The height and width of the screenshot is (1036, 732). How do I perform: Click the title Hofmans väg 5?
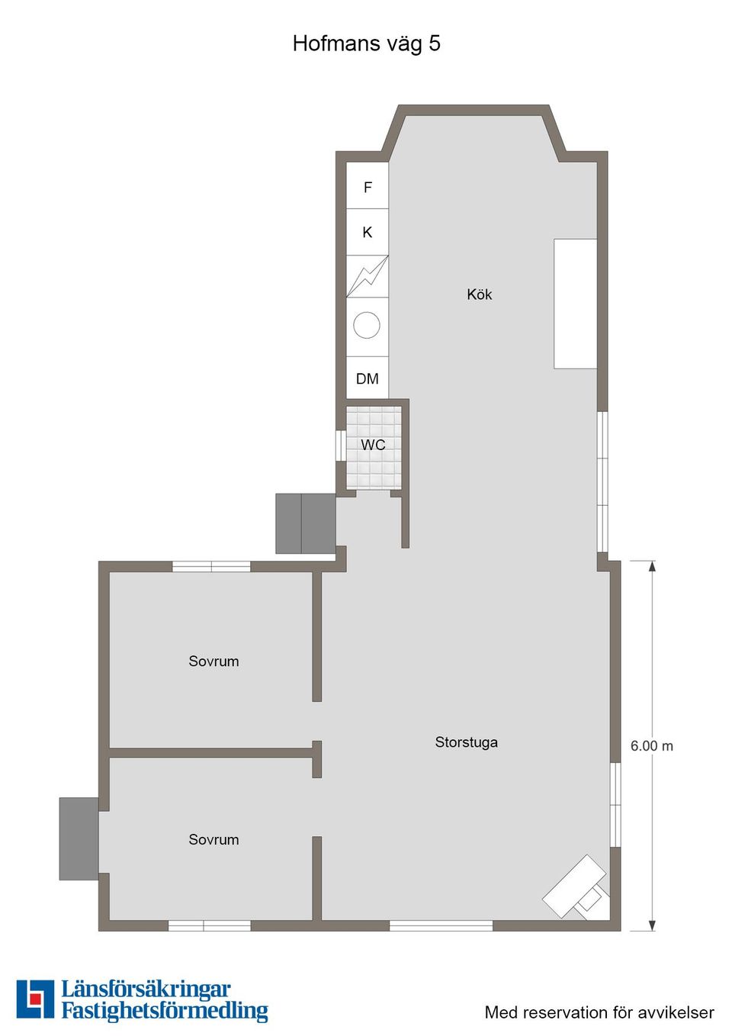[x=366, y=43]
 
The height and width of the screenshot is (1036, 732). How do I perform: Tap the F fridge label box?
[x=368, y=187]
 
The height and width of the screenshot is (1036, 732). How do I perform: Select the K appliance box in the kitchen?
[x=368, y=232]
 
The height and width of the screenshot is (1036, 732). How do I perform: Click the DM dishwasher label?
[x=368, y=378]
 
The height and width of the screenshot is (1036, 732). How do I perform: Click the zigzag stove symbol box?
[x=368, y=276]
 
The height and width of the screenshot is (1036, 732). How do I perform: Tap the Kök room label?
[x=480, y=294]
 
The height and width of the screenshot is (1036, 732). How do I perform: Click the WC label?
[x=373, y=445]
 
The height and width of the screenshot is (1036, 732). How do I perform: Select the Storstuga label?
[x=466, y=742]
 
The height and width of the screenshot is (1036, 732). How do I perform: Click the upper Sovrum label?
[x=213, y=661]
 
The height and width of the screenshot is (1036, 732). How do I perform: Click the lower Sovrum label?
[x=213, y=839]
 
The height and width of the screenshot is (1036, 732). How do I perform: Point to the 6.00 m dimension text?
[x=651, y=746]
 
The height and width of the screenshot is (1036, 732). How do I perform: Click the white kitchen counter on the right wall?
[x=575, y=304]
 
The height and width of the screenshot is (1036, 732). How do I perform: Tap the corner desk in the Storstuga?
[x=576, y=886]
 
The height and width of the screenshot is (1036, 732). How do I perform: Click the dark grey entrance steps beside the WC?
[x=305, y=523]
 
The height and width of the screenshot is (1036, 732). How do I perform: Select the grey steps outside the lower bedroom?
[x=79, y=838]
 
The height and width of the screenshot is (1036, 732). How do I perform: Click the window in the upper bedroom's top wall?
[x=211, y=566]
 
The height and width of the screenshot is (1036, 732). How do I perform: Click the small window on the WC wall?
[x=340, y=446]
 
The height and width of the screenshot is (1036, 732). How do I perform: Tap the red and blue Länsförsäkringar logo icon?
[x=35, y=999]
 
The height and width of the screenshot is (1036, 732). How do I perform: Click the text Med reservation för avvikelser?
[x=599, y=1012]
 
